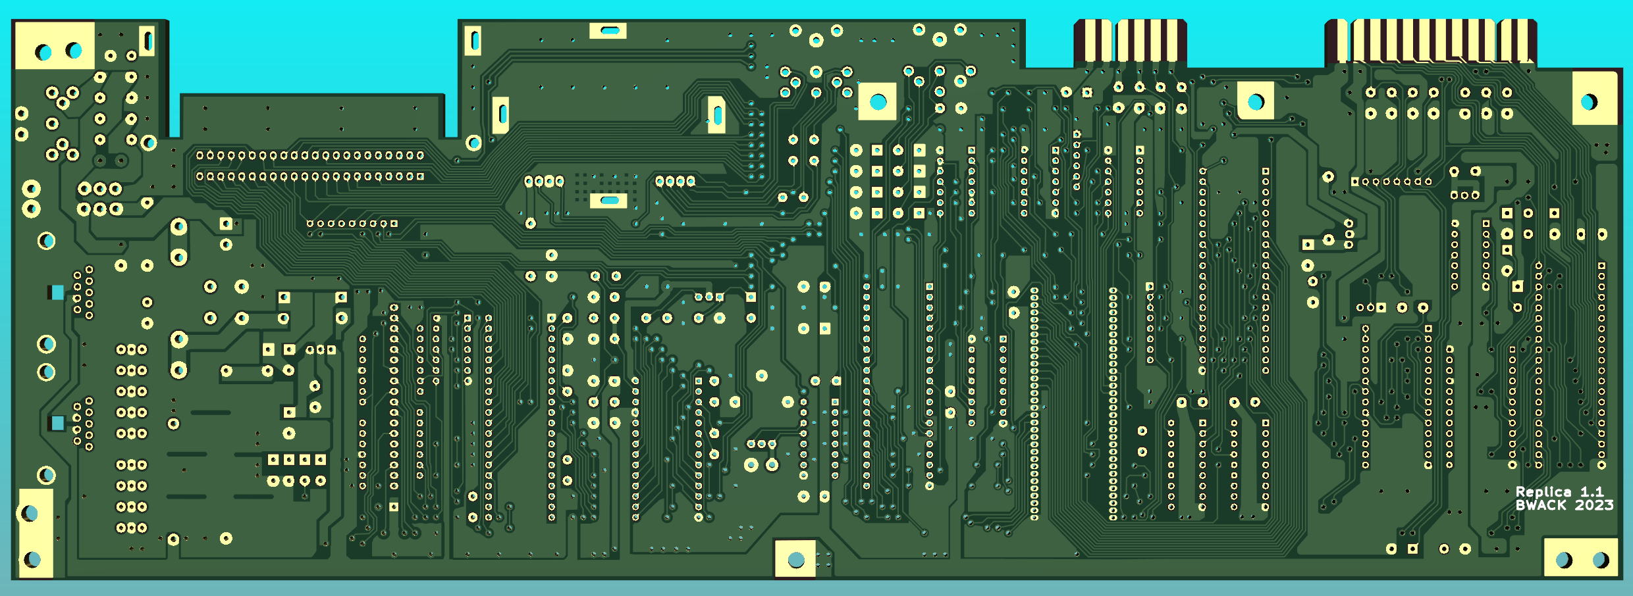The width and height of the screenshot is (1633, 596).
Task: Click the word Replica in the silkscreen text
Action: [1543, 492]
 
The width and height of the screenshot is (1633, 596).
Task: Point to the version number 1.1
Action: [1592, 492]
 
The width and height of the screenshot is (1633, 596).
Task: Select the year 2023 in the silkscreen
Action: [1594, 505]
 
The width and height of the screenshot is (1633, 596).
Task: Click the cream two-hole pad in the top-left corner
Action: [55, 45]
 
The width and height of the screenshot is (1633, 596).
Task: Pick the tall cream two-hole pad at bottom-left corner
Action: [36, 534]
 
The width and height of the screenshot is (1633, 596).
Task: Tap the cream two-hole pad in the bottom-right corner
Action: [1580, 558]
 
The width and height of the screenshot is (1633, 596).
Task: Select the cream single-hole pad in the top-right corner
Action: [1594, 98]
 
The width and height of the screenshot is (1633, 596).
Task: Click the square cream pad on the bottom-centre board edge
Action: [795, 558]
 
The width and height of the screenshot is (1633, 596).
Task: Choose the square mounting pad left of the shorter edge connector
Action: [878, 101]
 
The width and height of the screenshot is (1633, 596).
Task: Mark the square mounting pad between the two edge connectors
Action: [1256, 101]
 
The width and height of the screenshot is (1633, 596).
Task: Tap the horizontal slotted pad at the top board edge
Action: [608, 30]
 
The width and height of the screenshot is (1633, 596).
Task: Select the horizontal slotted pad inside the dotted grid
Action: [608, 200]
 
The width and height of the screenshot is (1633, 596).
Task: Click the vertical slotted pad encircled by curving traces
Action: [716, 115]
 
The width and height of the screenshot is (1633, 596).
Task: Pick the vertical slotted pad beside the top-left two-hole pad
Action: [147, 41]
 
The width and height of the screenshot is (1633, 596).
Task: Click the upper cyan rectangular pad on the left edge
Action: [57, 292]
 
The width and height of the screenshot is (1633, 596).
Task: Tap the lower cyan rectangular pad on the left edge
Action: [57, 423]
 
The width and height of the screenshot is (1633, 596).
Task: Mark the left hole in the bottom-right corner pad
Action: [1563, 559]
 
